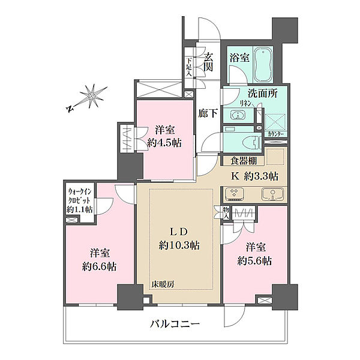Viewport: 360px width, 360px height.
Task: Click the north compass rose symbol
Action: point(92,96)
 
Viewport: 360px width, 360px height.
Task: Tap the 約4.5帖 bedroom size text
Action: point(165,143)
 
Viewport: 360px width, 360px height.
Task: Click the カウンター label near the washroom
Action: point(276,134)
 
